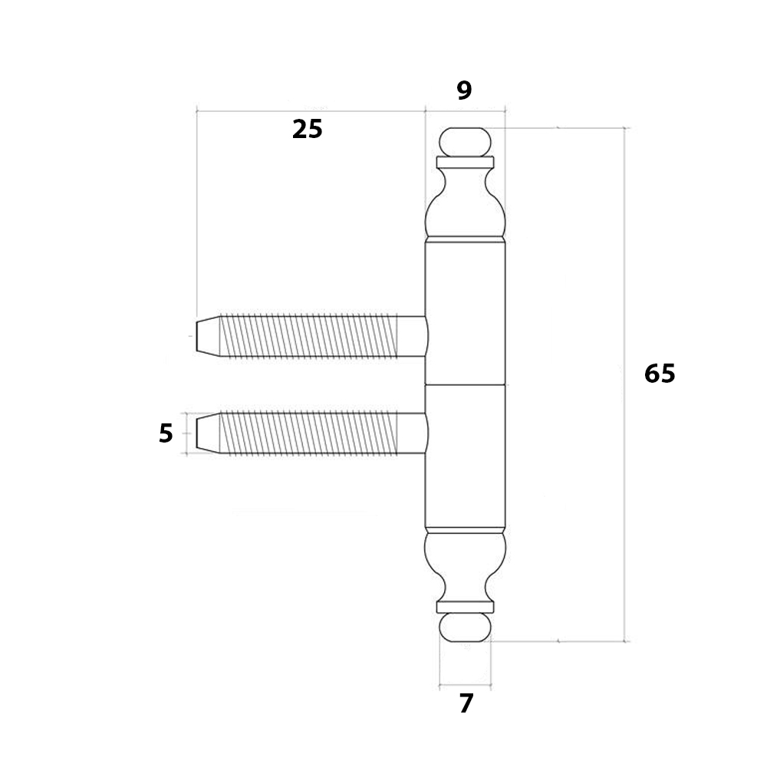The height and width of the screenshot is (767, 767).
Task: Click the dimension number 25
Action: pyautogui.click(x=308, y=130)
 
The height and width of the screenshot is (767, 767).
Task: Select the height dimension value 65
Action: pyautogui.click(x=660, y=374)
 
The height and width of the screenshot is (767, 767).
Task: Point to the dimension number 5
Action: pyautogui.click(x=166, y=433)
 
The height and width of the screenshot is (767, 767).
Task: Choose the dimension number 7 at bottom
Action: pyautogui.click(x=466, y=704)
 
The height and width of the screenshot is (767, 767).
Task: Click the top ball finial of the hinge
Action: pyautogui.click(x=465, y=142)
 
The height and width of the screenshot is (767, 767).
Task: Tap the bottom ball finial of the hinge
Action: pyautogui.click(x=465, y=627)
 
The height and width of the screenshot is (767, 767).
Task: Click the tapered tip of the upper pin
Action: pyautogui.click(x=207, y=336)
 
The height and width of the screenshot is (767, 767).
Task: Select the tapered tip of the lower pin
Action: pyautogui.click(x=207, y=433)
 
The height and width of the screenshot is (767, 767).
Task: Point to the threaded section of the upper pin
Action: pyautogui.click(x=308, y=336)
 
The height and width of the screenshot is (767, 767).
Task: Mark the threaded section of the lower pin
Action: pyautogui.click(x=308, y=433)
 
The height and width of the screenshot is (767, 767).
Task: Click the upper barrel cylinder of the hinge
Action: pyautogui.click(x=465, y=313)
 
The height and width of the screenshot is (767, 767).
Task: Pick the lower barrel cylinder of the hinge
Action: pyautogui.click(x=465, y=456)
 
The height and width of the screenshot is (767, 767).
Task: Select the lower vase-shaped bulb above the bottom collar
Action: pyautogui.click(x=465, y=567)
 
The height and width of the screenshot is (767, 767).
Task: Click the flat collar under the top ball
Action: pyautogui.click(x=465, y=163)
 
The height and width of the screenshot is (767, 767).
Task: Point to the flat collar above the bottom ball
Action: pyautogui.click(x=465, y=607)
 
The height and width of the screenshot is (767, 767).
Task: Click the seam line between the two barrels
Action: pyautogui.click(x=465, y=384)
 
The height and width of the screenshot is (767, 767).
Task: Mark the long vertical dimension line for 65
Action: pyautogui.click(x=624, y=384)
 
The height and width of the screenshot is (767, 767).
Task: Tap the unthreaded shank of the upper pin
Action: pyautogui.click(x=412, y=336)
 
